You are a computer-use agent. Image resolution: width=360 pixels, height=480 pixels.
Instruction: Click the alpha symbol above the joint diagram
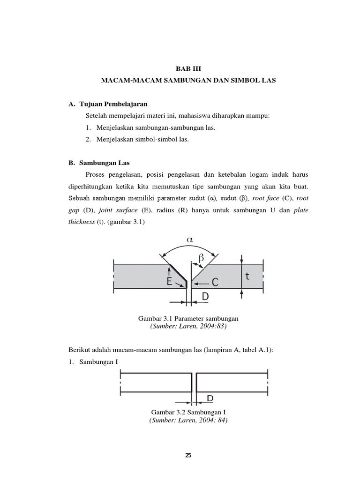pyautogui.click(x=189, y=240)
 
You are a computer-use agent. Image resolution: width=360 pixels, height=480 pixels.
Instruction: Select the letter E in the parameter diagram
pyautogui.click(x=169, y=282)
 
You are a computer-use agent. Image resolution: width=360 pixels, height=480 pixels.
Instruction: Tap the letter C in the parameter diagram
pyautogui.click(x=215, y=283)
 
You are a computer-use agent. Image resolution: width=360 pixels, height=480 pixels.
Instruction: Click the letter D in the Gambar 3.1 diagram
pyautogui.click(x=205, y=297)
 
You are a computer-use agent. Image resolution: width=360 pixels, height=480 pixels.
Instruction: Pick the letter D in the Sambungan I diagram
pyautogui.click(x=210, y=398)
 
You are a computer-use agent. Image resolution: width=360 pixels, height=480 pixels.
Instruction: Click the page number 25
pyautogui.click(x=188, y=455)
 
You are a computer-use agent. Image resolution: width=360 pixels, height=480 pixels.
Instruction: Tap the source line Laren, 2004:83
pyautogui.click(x=187, y=326)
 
